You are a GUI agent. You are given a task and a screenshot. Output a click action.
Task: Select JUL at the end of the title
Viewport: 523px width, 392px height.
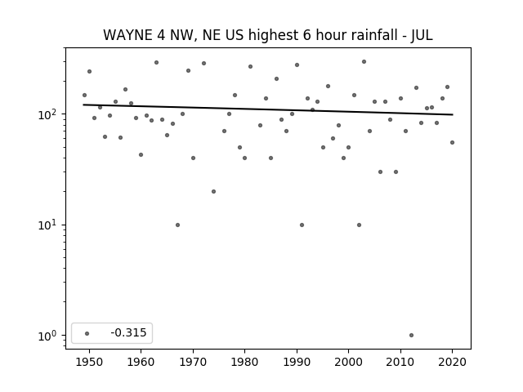click(422, 36)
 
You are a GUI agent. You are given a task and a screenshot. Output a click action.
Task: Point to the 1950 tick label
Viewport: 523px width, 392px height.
click(89, 362)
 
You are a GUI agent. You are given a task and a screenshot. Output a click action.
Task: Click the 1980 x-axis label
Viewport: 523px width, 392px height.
click(244, 362)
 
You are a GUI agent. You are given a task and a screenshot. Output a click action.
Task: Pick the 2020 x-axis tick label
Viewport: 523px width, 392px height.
click(452, 362)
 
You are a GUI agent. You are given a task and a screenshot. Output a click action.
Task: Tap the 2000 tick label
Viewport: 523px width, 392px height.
click(348, 362)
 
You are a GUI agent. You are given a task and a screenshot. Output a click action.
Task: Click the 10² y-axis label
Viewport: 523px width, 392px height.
click(50, 114)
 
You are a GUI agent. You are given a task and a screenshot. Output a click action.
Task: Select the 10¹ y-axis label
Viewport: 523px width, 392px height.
click(50, 225)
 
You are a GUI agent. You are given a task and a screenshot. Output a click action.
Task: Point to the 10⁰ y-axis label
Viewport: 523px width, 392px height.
click(50, 336)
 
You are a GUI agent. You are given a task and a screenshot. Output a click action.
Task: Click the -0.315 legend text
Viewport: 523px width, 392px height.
click(128, 332)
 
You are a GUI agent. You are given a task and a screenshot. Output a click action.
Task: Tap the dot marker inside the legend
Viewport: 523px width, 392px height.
click(87, 333)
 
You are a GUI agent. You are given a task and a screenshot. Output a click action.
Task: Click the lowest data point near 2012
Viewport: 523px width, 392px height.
click(411, 336)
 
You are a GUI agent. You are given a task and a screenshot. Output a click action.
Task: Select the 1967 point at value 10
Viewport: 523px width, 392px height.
click(177, 225)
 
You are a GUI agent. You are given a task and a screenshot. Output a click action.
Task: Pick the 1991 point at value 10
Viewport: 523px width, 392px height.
click(302, 225)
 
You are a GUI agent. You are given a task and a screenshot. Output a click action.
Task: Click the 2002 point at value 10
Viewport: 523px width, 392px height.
click(359, 225)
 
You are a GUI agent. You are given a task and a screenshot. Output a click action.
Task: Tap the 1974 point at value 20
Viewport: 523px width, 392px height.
click(213, 191)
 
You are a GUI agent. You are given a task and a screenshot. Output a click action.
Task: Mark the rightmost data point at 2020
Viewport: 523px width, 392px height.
click(452, 142)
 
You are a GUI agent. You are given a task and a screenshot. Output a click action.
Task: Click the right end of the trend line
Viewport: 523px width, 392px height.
click(453, 114)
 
